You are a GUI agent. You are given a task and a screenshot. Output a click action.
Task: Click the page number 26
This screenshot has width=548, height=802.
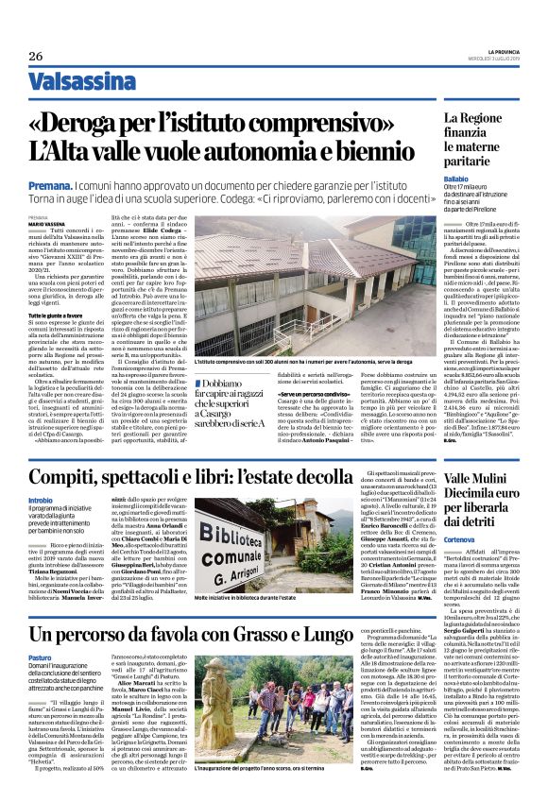click(x=35, y=55)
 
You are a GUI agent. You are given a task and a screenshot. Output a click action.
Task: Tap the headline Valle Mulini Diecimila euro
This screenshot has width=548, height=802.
click(x=465, y=496)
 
